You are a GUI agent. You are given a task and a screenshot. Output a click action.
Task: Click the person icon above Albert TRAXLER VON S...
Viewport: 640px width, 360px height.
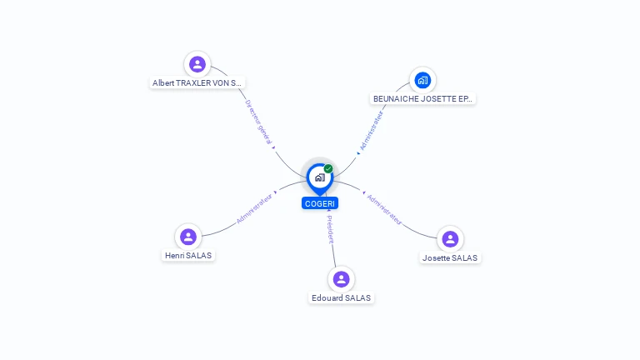coord(197,64)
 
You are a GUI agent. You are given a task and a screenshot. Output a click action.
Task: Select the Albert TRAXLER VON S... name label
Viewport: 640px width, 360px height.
coord(197,83)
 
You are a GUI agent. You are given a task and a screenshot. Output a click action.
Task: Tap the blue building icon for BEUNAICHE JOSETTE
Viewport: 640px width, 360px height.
coord(422,80)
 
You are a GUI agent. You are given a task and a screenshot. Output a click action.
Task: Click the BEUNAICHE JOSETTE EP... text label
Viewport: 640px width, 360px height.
coord(422,98)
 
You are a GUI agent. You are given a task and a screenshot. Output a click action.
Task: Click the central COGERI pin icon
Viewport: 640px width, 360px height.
coord(319,177)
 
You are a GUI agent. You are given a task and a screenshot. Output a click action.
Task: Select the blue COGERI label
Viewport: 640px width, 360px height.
coord(320,203)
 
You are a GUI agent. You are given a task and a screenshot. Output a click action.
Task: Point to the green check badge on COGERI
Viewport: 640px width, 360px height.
coord(328,168)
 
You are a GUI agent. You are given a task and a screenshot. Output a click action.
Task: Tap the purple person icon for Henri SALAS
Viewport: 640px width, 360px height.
coord(188,237)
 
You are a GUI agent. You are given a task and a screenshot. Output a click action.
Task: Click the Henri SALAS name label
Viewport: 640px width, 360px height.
coord(188,255)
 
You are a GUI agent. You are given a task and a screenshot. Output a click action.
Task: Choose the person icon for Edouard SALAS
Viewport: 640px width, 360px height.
coord(341,279)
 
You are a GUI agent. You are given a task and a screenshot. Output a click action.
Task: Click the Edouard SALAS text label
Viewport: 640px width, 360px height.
coord(341,297)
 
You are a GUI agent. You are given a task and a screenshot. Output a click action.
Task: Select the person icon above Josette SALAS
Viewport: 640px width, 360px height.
coord(450,239)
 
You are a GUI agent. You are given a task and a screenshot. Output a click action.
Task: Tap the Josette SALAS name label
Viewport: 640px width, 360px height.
coord(450,257)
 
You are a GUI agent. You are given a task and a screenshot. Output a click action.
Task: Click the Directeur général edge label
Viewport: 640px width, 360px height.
coord(258,123)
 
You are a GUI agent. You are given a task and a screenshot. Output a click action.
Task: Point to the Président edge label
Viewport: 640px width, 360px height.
coord(330,229)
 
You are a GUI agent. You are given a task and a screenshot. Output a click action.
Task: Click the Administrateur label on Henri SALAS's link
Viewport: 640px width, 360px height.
coord(254,209)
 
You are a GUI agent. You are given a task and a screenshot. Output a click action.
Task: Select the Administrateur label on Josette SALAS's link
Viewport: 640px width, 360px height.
coord(385,210)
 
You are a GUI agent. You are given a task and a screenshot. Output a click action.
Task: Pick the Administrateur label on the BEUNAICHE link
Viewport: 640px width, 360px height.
coord(372,131)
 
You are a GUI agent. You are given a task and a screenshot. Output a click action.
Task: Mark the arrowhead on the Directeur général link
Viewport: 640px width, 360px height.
coord(274,147)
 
